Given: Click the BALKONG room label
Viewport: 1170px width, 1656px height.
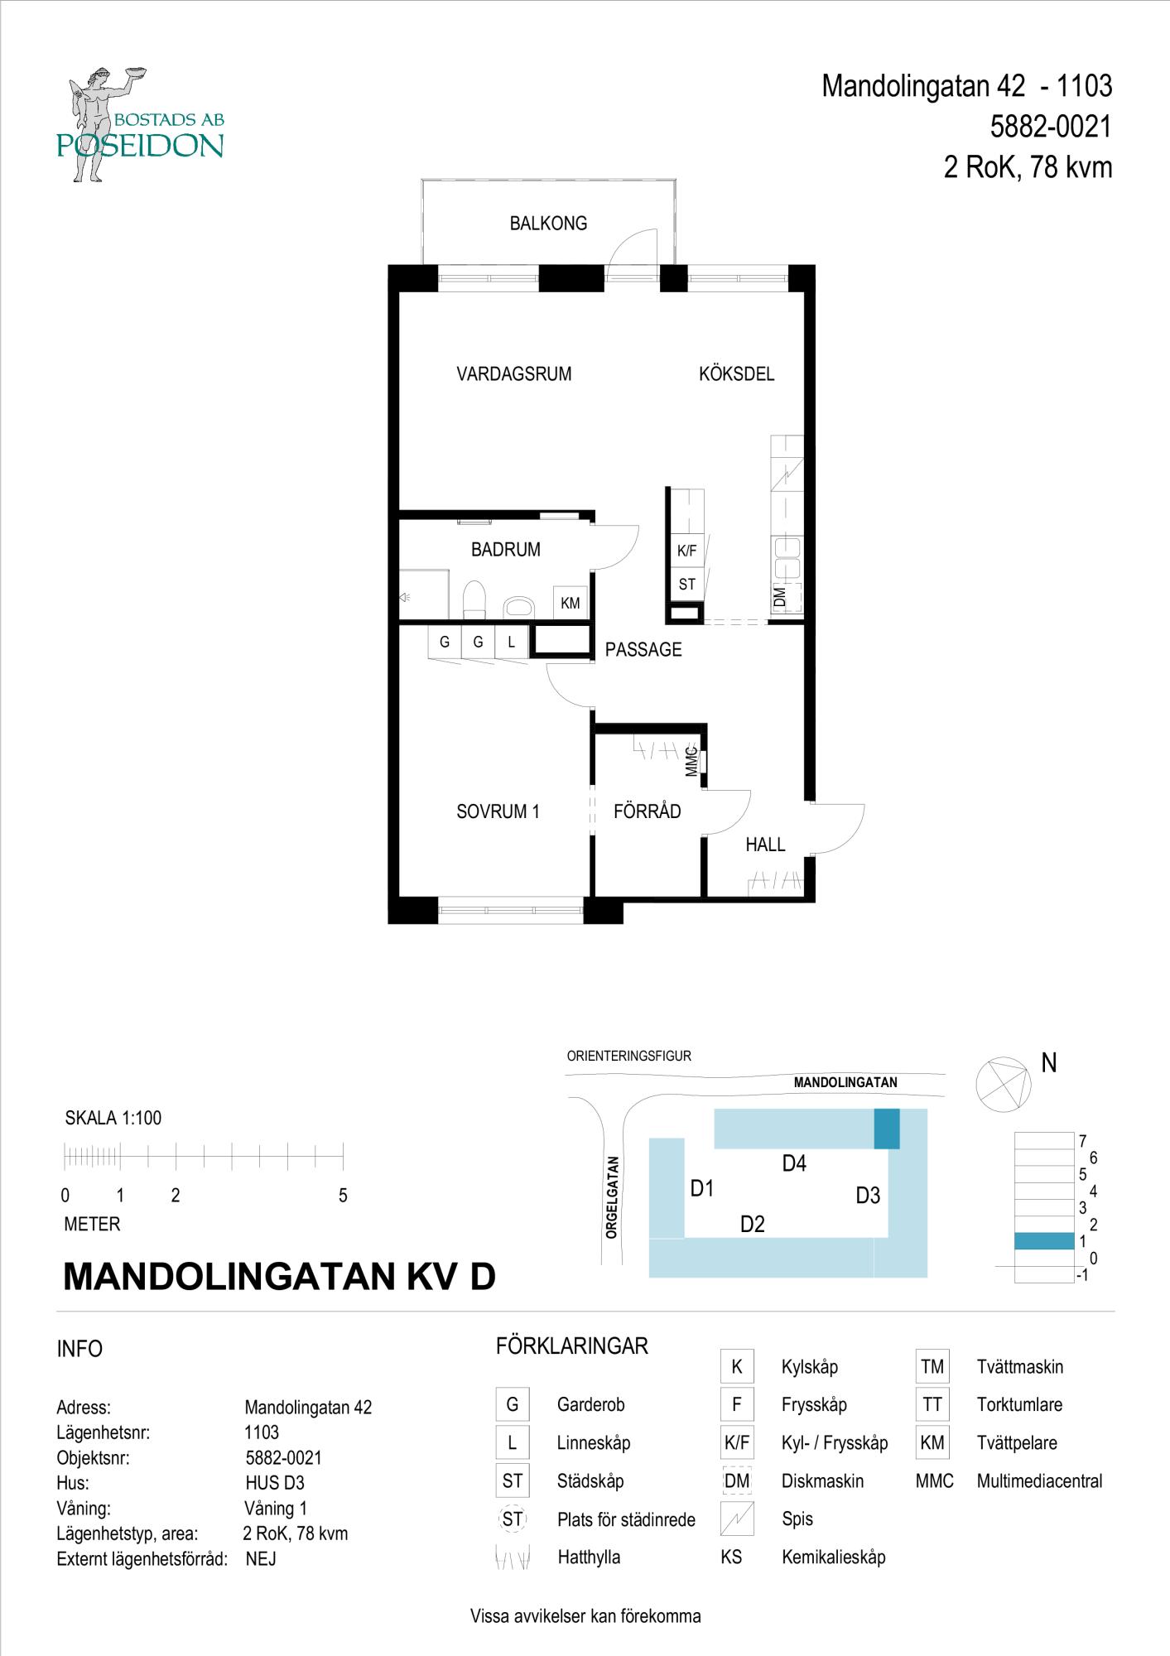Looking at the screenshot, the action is (x=548, y=224).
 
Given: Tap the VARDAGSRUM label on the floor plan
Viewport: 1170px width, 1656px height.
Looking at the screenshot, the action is (x=514, y=374).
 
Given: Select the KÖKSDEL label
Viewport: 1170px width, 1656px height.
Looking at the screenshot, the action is (x=736, y=374).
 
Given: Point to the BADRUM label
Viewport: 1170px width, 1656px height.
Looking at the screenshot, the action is (x=505, y=550).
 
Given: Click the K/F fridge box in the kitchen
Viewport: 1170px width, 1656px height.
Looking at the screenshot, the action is (x=686, y=551).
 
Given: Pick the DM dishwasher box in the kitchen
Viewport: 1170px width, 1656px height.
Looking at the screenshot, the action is (x=787, y=597).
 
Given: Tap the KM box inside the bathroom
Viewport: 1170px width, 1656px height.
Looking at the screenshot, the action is (x=571, y=604).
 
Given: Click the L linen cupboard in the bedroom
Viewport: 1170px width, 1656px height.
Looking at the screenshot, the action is (x=512, y=642).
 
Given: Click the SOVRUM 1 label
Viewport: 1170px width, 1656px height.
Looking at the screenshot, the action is (x=498, y=812).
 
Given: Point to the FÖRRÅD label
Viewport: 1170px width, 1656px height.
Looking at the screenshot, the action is (x=648, y=811).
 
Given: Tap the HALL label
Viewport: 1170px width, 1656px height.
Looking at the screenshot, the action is (x=765, y=845).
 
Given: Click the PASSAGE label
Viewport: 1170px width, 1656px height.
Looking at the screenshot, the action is (x=643, y=650).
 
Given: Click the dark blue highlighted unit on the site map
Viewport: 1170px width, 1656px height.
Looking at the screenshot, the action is (x=887, y=1129).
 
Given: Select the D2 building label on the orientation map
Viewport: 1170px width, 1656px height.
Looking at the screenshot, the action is (x=752, y=1224).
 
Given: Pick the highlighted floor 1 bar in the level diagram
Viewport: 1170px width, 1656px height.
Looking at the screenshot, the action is (x=1044, y=1240).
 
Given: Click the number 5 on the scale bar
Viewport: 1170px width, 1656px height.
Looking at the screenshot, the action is (x=343, y=1196).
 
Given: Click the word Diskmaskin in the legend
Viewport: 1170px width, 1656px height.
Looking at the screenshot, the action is (x=822, y=1481).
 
